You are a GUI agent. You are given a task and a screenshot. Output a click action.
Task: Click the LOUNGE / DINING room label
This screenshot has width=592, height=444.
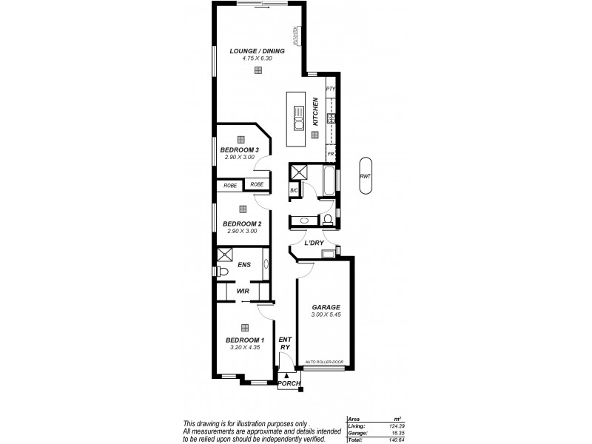[x=258, y=50]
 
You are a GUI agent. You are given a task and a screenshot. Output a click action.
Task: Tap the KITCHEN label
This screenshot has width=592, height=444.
[x=315, y=111]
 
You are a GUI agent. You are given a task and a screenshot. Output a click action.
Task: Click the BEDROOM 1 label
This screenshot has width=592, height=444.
[x=244, y=340]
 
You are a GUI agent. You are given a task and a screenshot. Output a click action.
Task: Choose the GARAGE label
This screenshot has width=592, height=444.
[x=325, y=306]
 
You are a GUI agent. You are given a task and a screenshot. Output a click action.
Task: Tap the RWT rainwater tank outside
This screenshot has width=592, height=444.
[x=365, y=176]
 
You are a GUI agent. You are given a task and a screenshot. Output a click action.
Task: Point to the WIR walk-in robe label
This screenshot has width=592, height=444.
[x=242, y=291]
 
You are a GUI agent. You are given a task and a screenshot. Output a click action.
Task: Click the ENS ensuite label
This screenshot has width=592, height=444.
[x=244, y=263]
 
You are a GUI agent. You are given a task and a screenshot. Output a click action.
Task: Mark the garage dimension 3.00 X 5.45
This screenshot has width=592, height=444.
[x=325, y=315]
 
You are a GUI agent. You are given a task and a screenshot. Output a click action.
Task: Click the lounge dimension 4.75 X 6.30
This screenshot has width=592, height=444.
[x=258, y=58]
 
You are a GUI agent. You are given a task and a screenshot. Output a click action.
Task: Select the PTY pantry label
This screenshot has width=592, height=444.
[x=331, y=89]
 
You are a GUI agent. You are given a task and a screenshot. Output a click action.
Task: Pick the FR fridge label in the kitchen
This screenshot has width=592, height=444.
[x=331, y=154]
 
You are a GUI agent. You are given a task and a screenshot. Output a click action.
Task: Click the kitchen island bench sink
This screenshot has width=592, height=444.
[x=298, y=117]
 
